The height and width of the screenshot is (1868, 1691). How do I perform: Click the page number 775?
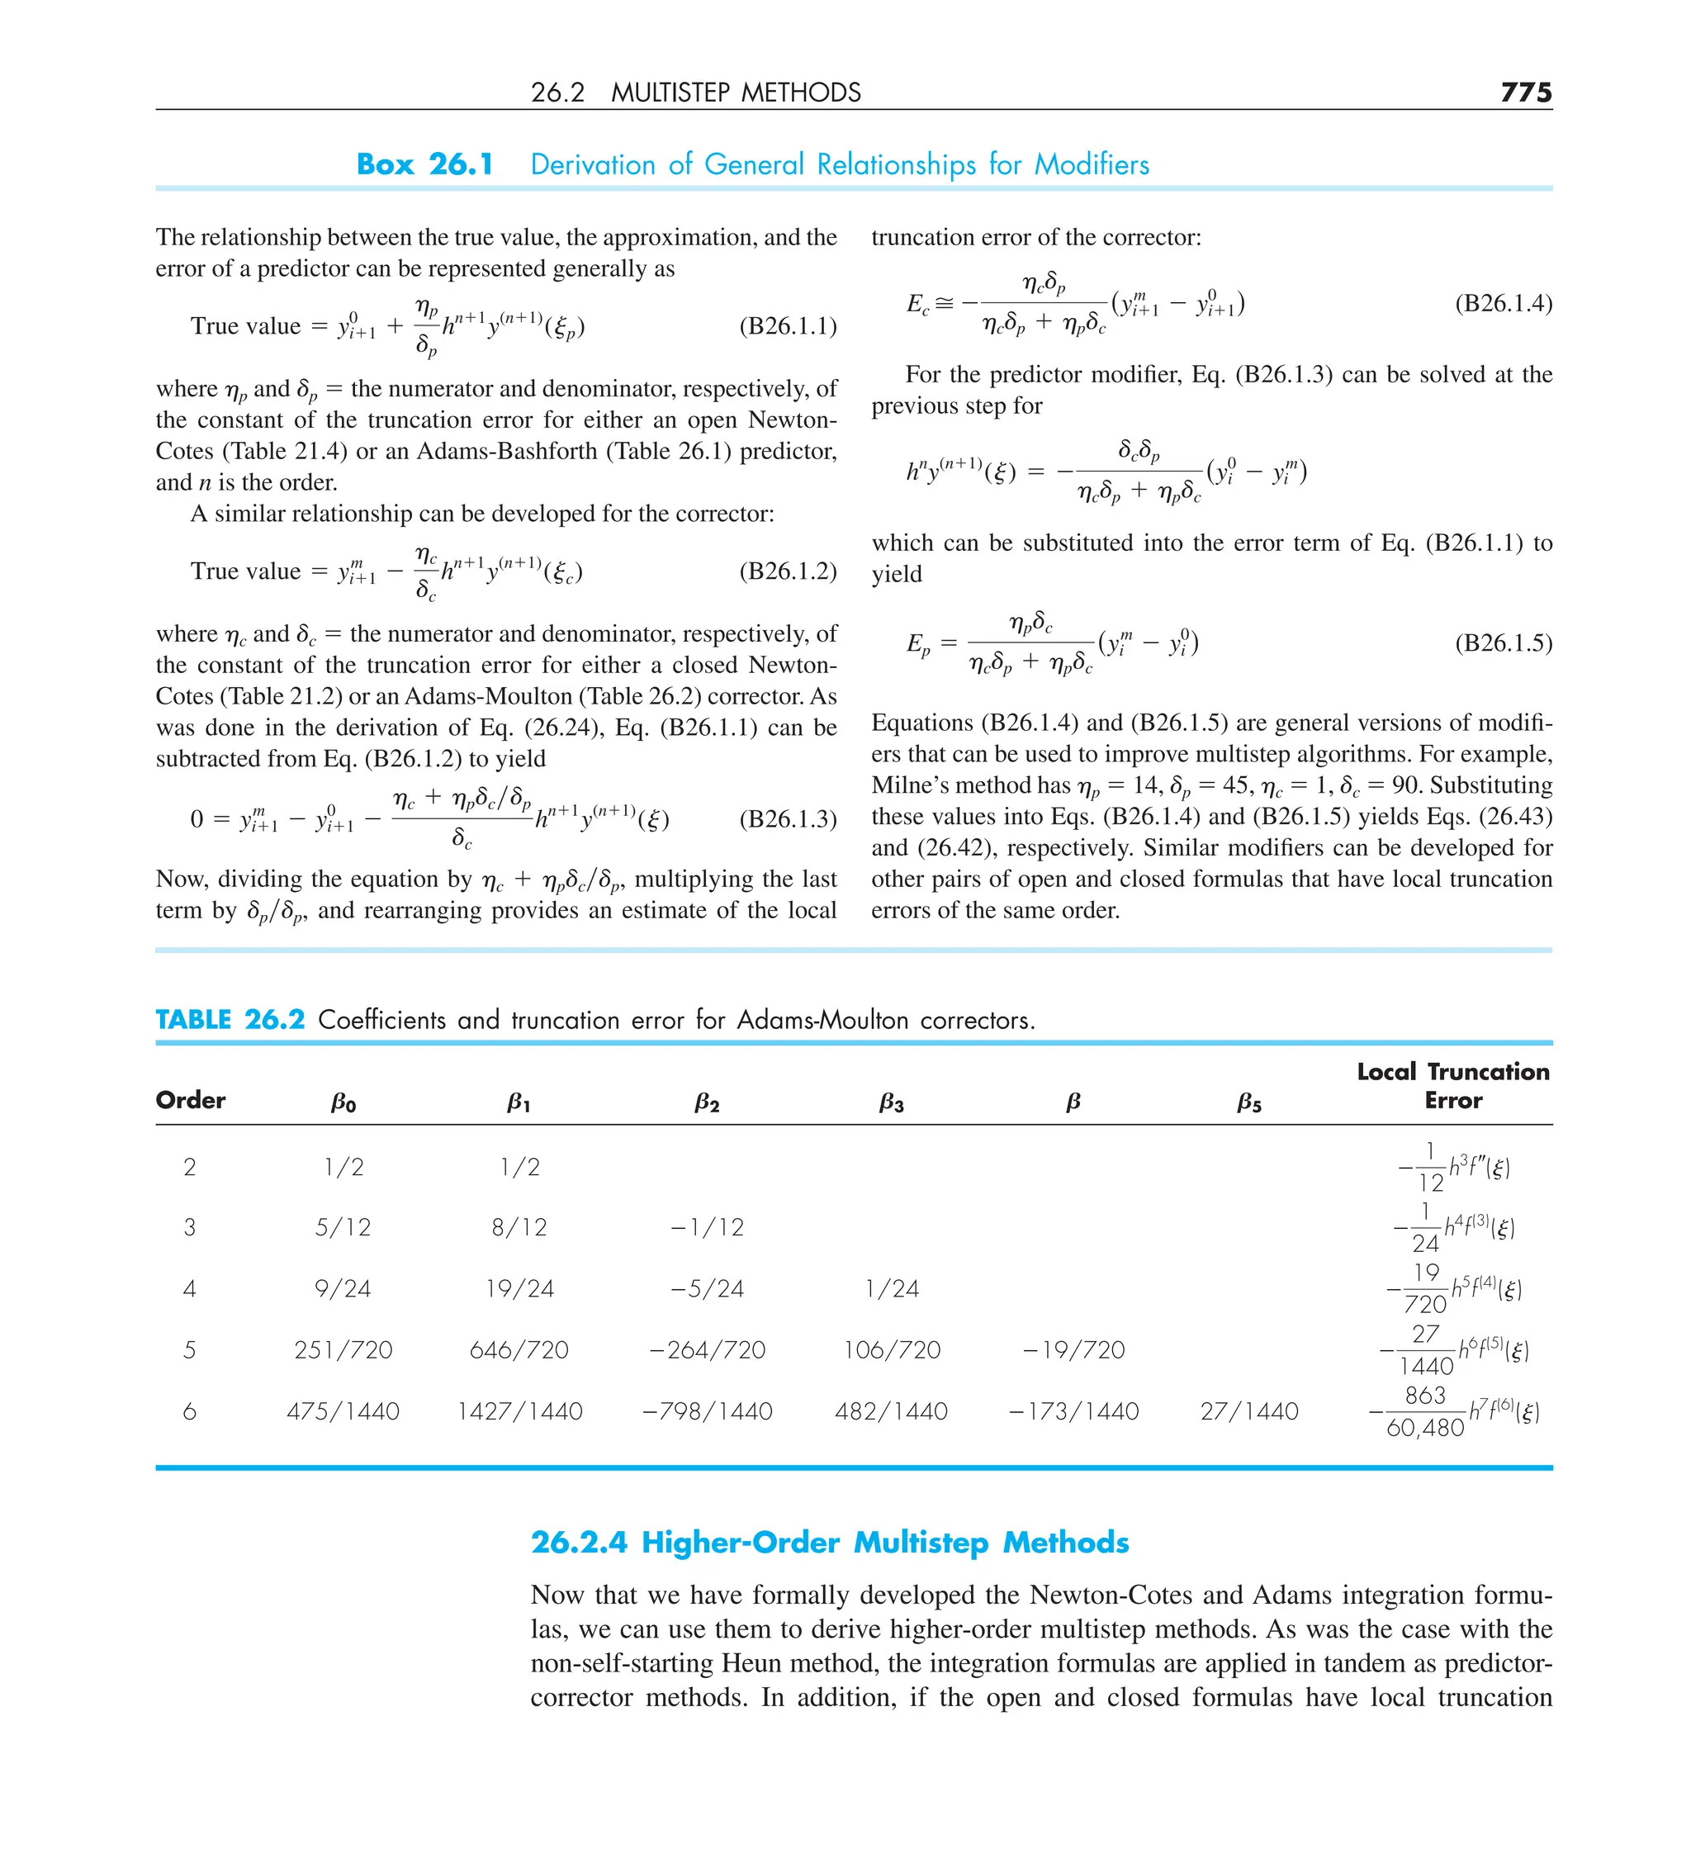(1525, 92)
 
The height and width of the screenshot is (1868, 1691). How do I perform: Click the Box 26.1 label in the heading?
(424, 164)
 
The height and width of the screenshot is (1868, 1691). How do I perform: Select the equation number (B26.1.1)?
(788, 326)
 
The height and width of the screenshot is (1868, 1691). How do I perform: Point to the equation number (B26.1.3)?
(788, 819)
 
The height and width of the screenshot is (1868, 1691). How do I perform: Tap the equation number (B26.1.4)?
(1503, 303)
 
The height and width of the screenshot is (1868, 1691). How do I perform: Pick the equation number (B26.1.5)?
(1503, 643)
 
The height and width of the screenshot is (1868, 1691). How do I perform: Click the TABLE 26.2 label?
(230, 1019)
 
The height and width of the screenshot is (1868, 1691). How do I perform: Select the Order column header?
(191, 1100)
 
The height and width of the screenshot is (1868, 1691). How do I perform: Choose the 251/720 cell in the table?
(343, 1349)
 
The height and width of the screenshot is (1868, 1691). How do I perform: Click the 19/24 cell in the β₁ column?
(520, 1288)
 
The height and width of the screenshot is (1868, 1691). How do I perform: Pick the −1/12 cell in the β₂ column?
(707, 1227)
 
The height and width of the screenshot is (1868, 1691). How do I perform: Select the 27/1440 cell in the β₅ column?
(1249, 1411)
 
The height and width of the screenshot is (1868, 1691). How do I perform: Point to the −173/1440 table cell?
(1073, 1411)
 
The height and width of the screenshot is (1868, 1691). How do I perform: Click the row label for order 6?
(190, 1411)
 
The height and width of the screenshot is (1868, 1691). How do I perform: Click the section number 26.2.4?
(579, 1543)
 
